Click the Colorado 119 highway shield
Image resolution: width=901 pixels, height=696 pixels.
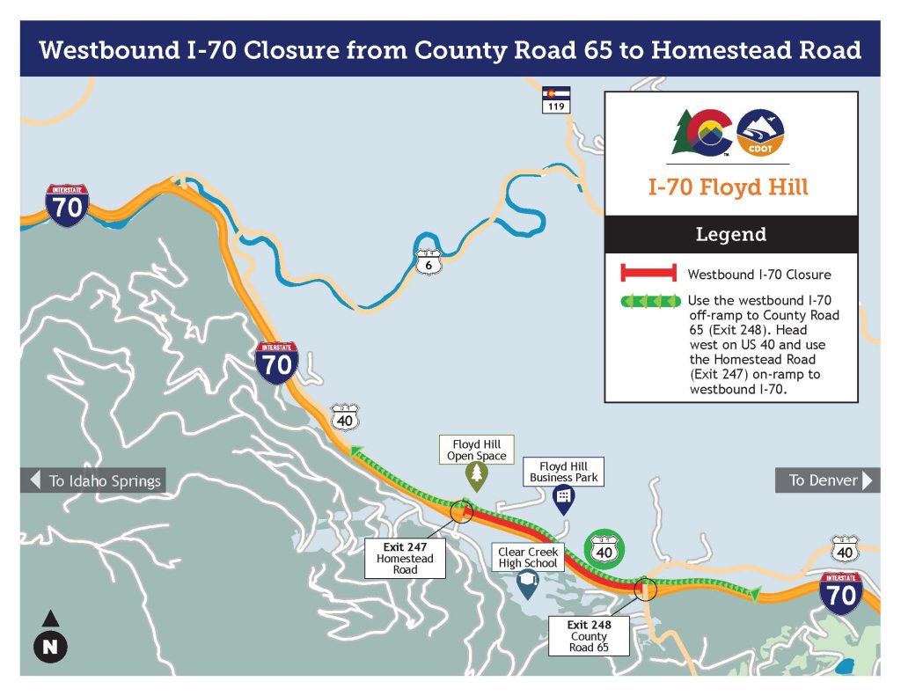556,99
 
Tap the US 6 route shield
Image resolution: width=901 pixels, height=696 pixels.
427,261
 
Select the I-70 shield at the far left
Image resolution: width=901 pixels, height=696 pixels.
67,205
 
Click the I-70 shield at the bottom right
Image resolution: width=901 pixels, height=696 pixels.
841,592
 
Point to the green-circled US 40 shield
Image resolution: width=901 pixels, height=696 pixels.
604,551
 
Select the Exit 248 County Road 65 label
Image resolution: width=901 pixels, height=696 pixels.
589,636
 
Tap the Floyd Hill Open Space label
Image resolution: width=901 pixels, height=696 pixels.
477,450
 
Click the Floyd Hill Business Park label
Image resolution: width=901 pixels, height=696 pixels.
563,472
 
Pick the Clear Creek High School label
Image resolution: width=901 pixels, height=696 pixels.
528,558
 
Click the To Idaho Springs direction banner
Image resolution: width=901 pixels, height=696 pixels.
92,480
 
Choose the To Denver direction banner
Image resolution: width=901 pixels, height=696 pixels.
827,480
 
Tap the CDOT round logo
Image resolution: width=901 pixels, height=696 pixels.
760,133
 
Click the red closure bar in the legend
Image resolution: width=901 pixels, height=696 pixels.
648,274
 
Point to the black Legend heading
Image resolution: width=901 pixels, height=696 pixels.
730,235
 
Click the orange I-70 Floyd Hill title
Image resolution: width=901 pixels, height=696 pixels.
729,187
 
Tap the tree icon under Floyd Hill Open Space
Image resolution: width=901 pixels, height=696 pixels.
477,477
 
